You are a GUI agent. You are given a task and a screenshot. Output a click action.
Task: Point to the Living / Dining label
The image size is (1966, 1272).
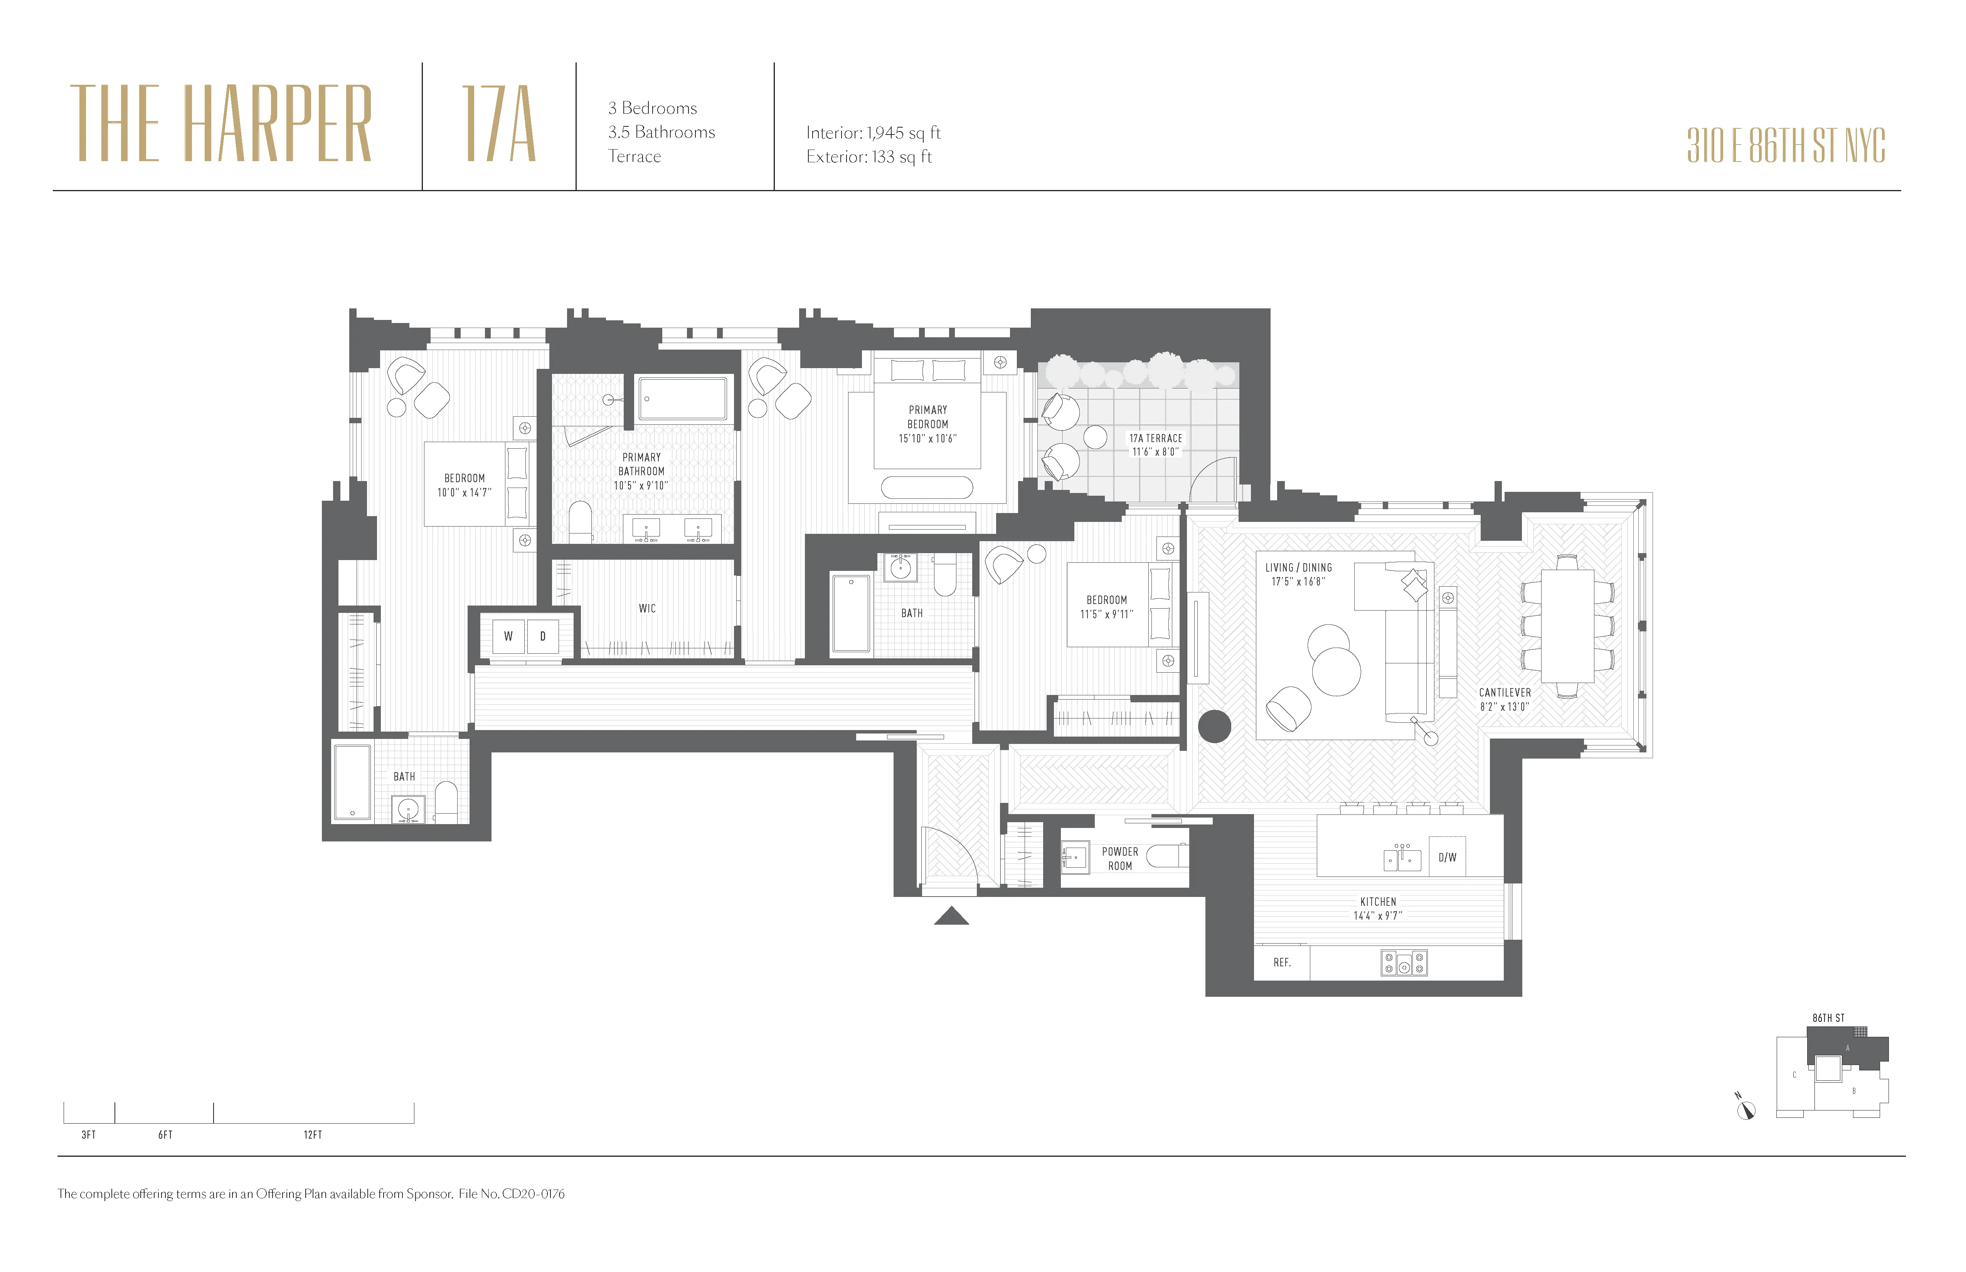point(1299,568)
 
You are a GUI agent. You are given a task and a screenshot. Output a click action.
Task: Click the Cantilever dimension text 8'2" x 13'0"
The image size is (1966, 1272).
point(1504,707)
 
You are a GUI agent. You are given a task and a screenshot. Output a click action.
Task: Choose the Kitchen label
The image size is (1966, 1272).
point(1378,902)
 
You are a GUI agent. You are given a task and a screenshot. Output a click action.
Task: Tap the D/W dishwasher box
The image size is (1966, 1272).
point(1447,857)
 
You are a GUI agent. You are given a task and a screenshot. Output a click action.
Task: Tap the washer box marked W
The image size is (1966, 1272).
point(508,636)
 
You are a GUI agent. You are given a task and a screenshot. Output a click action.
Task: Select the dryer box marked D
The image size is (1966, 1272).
point(543,636)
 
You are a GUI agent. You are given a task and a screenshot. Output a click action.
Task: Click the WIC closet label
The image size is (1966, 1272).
point(647,609)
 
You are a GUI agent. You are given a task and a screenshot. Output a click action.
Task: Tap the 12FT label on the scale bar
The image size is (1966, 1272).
point(312,1135)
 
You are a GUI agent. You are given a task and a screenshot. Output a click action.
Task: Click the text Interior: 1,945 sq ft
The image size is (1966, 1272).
point(873,133)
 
